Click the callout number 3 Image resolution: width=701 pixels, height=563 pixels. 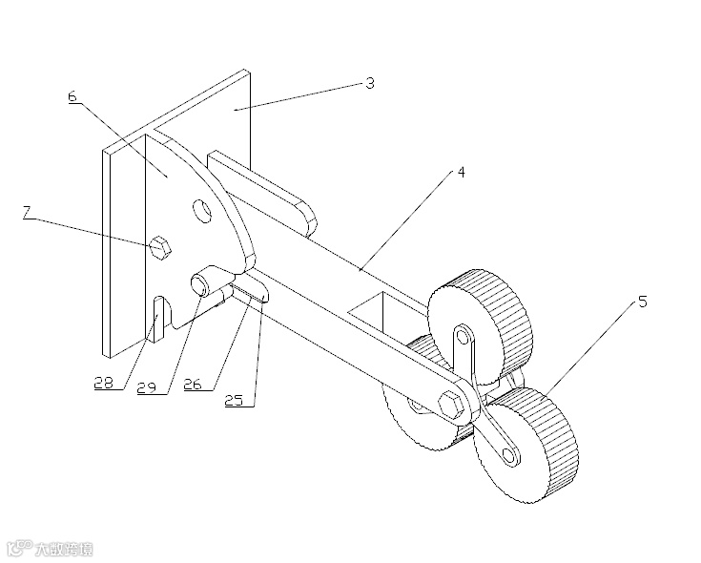[x=369, y=83]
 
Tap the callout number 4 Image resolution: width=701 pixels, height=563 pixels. [x=461, y=173]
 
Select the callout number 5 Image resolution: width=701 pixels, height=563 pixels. [x=642, y=302]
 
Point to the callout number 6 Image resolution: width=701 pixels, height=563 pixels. [x=72, y=96]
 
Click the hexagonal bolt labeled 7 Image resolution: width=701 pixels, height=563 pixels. [x=161, y=246]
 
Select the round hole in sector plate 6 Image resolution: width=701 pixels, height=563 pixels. [x=201, y=210]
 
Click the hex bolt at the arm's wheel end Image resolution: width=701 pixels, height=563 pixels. [x=451, y=401]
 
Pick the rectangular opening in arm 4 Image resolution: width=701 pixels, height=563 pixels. [x=377, y=309]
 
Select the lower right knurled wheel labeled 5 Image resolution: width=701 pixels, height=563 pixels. [x=534, y=444]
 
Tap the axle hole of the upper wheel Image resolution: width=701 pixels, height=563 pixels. [x=463, y=335]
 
